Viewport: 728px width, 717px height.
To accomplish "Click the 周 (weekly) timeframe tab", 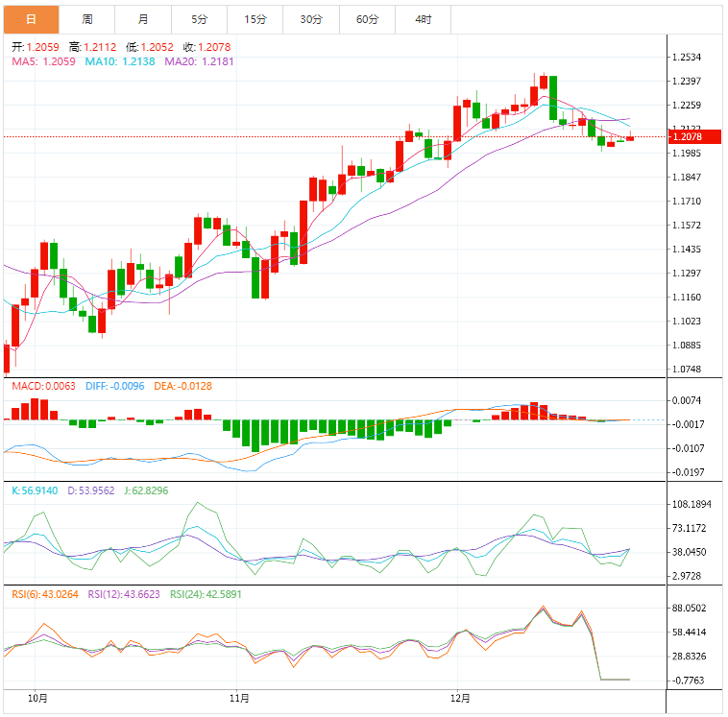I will (x=87, y=19).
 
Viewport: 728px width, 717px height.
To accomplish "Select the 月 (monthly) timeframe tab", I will (x=143, y=19).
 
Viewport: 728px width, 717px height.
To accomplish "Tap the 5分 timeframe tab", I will (x=199, y=19).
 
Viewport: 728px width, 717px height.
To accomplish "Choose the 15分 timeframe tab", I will (x=255, y=19).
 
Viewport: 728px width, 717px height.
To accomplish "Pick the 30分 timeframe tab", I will (x=310, y=19).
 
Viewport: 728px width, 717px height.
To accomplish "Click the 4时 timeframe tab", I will (x=423, y=19).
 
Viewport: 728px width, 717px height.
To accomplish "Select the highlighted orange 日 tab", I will (x=32, y=19).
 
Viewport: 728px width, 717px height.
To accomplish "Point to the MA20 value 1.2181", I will (x=215, y=60).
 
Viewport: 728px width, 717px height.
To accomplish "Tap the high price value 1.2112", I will (x=99, y=46).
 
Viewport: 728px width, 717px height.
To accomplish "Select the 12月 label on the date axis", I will (x=462, y=698).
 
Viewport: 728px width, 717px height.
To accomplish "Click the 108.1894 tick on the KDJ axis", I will (x=691, y=504).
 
